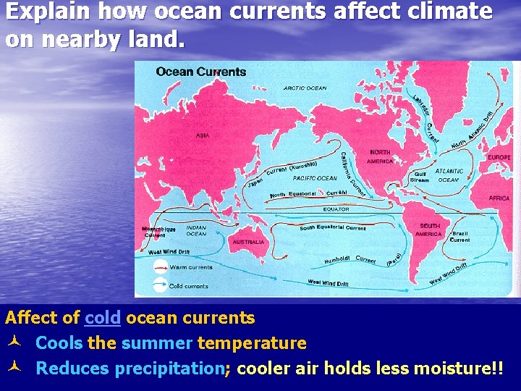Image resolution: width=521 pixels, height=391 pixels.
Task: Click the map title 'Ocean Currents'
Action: click(201, 72)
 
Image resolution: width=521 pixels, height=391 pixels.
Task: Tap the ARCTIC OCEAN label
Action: click(305, 88)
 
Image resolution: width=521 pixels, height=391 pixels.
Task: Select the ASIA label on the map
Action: click(203, 135)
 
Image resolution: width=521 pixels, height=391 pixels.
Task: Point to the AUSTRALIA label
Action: click(248, 242)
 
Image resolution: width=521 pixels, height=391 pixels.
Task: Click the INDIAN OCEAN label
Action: click(196, 231)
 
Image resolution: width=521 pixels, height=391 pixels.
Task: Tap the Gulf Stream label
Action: click(420, 177)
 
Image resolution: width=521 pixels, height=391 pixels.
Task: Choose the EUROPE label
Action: click(499, 157)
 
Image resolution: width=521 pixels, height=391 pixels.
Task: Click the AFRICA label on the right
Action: click(499, 198)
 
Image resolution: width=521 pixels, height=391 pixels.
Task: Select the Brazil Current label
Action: click(460, 237)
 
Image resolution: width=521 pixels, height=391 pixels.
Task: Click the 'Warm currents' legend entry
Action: click(191, 267)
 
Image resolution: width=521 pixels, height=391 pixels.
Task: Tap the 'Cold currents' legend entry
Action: click(188, 286)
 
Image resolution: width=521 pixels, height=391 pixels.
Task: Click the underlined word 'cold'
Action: click(102, 318)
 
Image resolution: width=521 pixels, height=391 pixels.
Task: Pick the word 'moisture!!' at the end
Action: click(458, 369)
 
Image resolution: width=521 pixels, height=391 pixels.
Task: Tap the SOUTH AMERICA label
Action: click(429, 230)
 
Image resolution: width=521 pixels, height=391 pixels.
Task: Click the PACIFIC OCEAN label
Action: click(315, 178)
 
